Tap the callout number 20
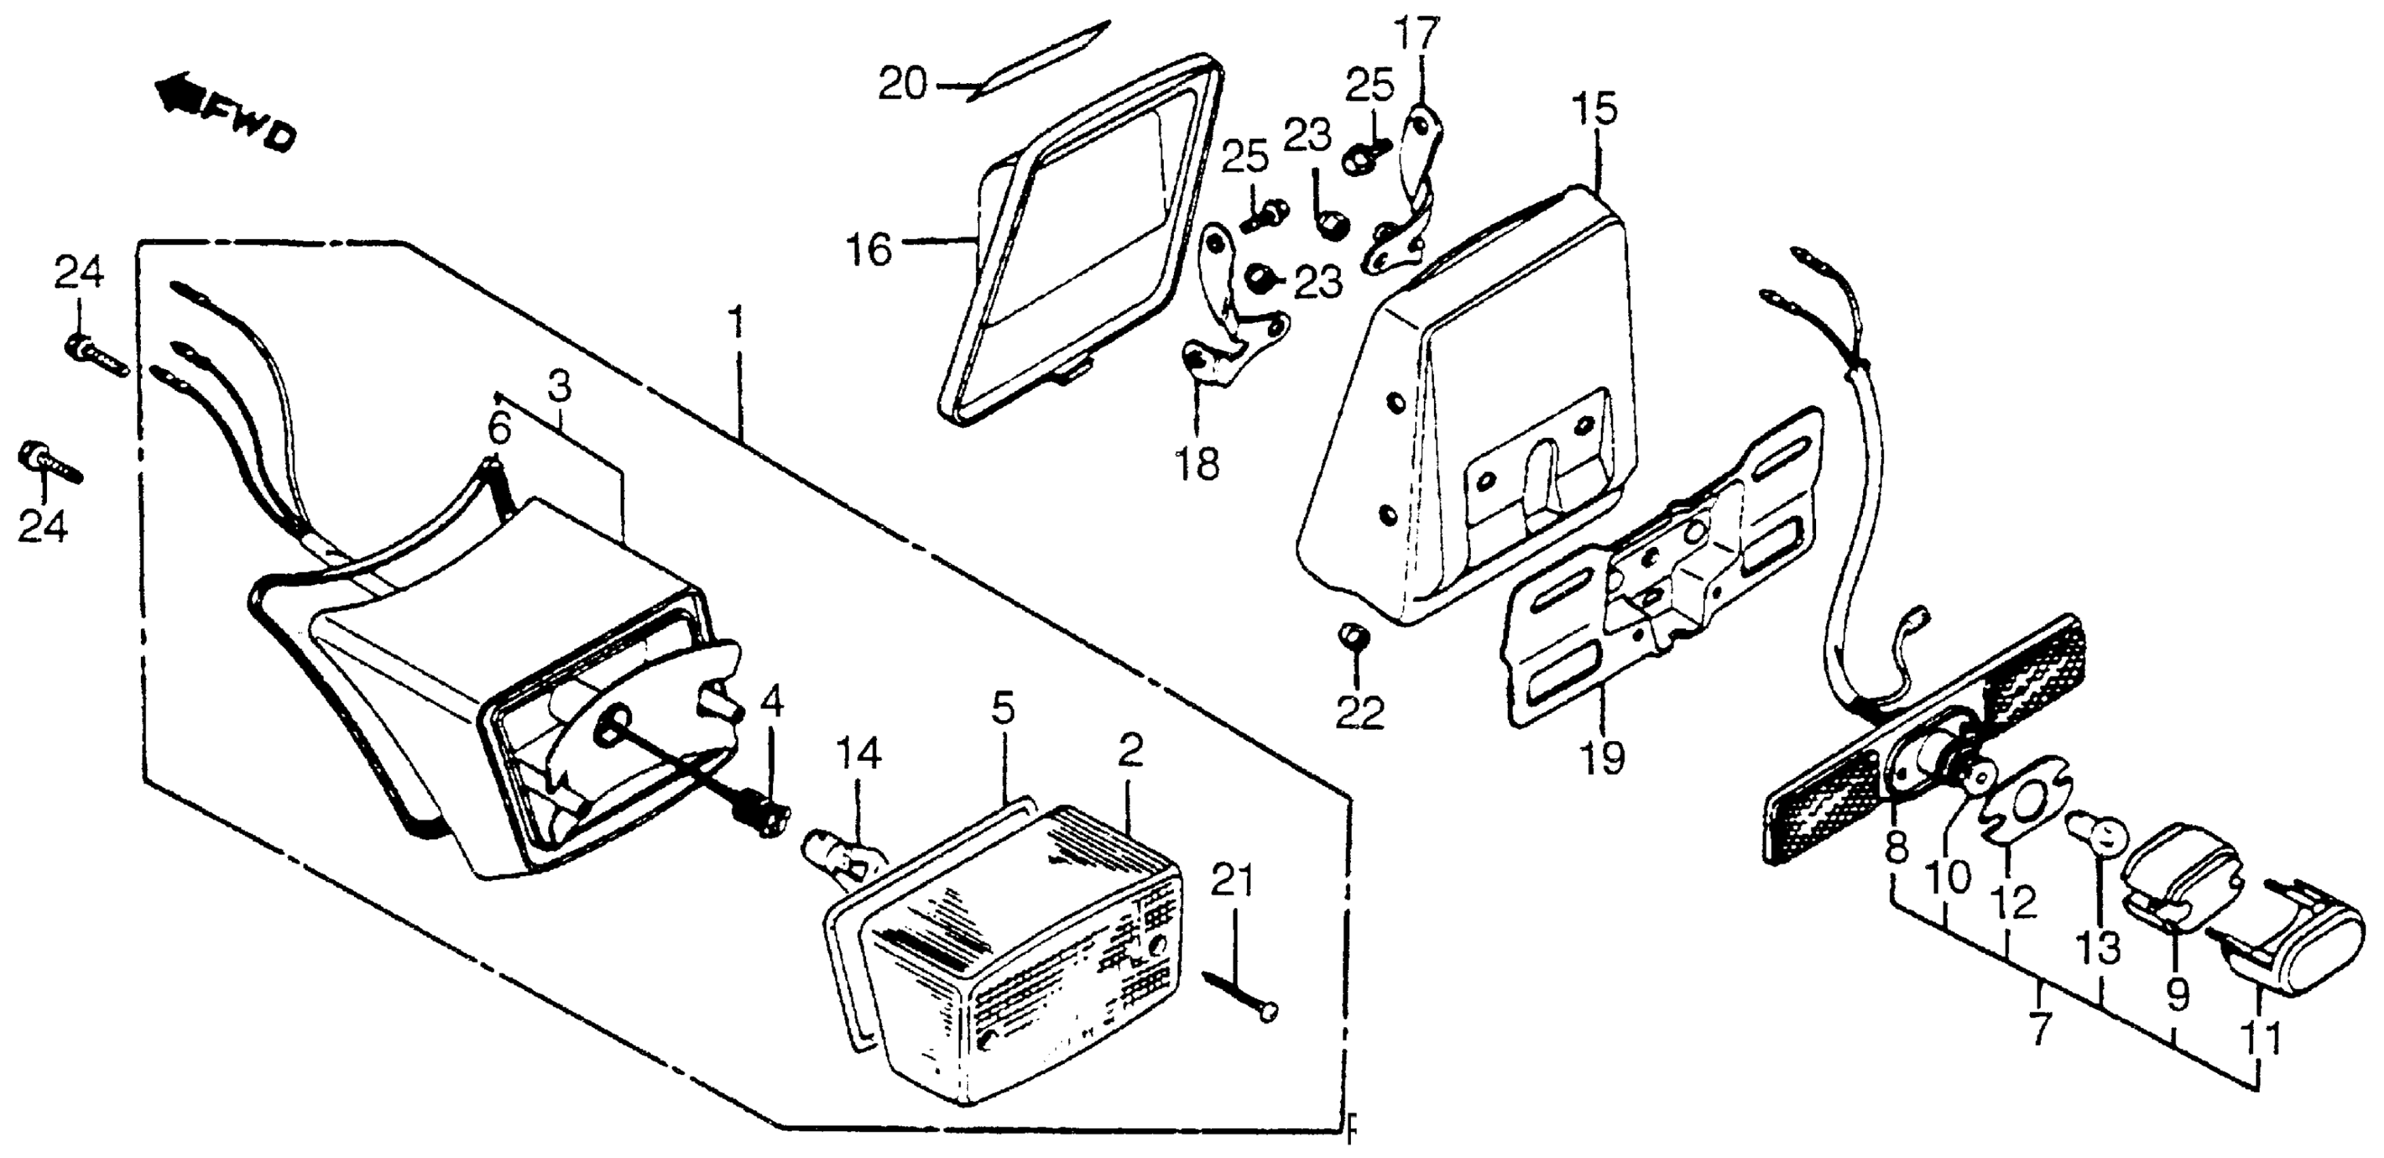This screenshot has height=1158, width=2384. (x=902, y=86)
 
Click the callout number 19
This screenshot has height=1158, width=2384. (x=1602, y=759)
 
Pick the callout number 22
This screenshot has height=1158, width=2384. (x=1358, y=712)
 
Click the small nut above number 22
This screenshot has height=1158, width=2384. (x=1350, y=638)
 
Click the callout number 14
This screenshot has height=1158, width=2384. (x=858, y=756)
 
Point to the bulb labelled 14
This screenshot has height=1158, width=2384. (x=838, y=845)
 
